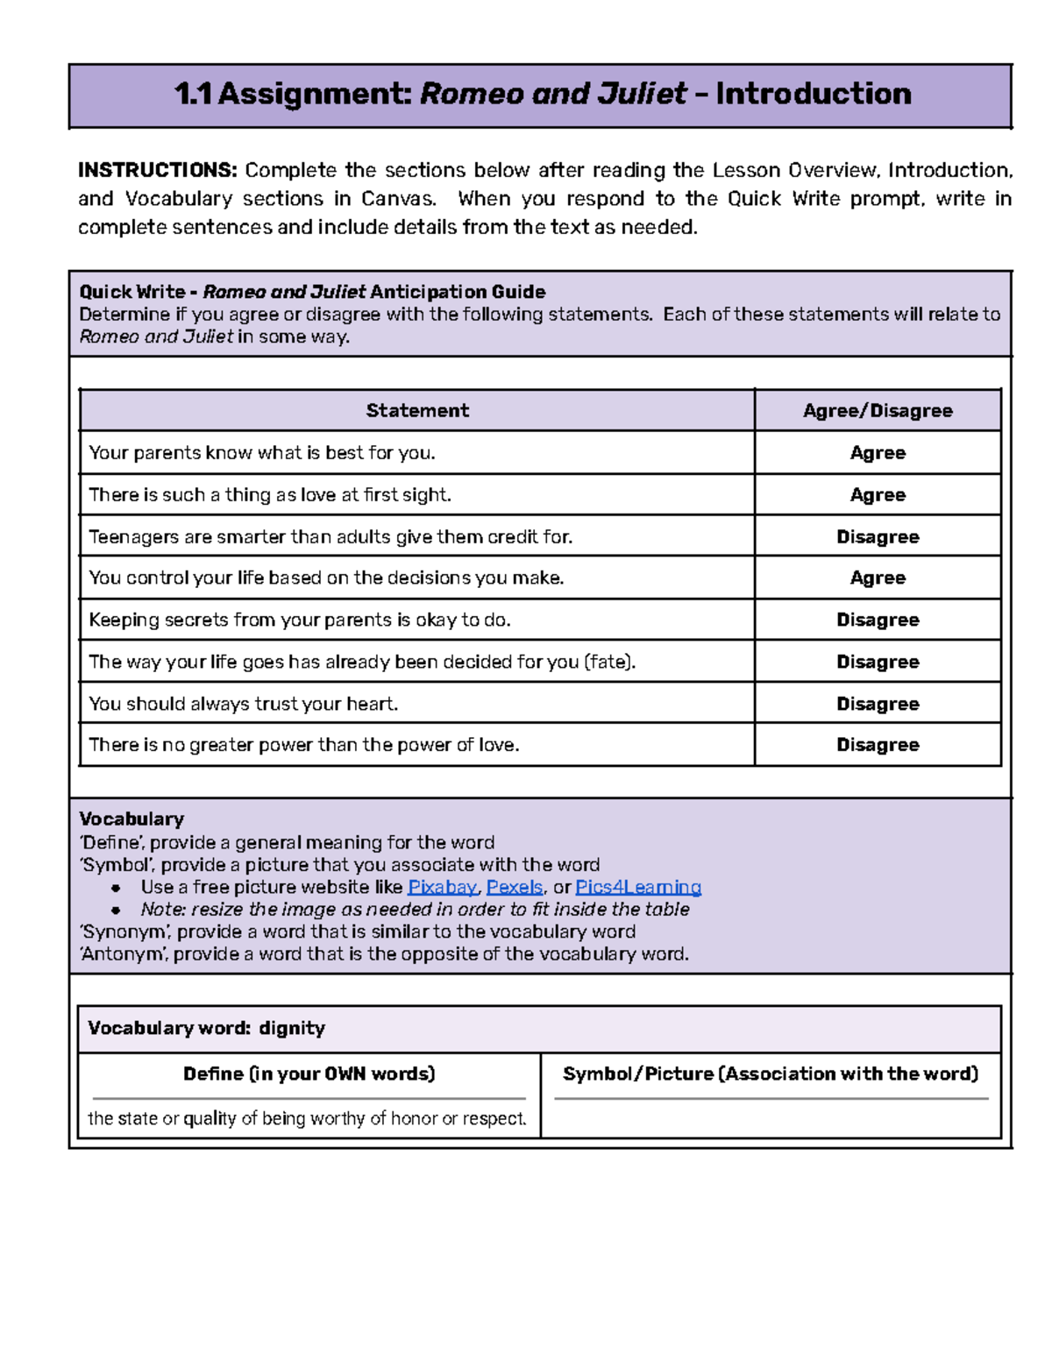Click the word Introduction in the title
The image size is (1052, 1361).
pyautogui.click(x=813, y=94)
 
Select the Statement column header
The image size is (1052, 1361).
pyautogui.click(x=417, y=410)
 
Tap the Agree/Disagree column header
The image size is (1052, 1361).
pyautogui.click(x=878, y=410)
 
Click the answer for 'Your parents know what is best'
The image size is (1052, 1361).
pyautogui.click(x=878, y=453)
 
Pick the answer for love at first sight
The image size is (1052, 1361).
pyautogui.click(x=878, y=495)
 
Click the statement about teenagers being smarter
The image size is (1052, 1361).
pyautogui.click(x=331, y=536)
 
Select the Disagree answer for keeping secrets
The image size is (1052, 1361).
pyautogui.click(x=878, y=620)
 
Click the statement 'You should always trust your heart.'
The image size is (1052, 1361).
pyautogui.click(x=244, y=704)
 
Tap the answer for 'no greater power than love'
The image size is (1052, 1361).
pyautogui.click(x=878, y=745)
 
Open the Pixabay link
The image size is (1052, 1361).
pyautogui.click(x=442, y=887)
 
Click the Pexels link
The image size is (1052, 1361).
pyautogui.click(x=515, y=887)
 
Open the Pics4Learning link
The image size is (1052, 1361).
pyautogui.click(x=638, y=887)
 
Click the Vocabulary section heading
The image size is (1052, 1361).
pyautogui.click(x=131, y=819)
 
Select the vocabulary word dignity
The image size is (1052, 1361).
pyautogui.click(x=292, y=1028)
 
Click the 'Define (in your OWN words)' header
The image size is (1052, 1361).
pyautogui.click(x=309, y=1074)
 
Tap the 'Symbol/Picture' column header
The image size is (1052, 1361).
pyautogui.click(x=770, y=1074)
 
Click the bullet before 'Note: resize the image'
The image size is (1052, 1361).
pyautogui.click(x=116, y=910)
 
